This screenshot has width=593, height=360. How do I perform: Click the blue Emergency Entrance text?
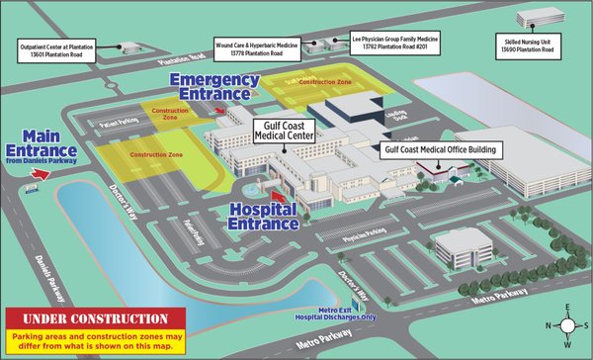click(211, 86)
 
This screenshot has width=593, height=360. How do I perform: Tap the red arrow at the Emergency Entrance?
click(219, 111)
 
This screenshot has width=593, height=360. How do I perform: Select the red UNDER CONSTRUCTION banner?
click(95, 319)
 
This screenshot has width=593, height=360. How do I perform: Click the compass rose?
click(566, 325)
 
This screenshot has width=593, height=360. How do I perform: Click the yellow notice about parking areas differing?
click(95, 342)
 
